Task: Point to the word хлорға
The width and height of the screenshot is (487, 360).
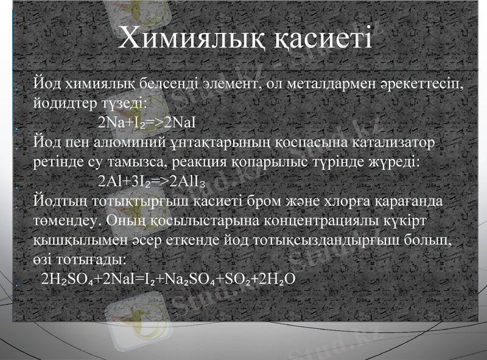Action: click(x=375, y=201)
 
